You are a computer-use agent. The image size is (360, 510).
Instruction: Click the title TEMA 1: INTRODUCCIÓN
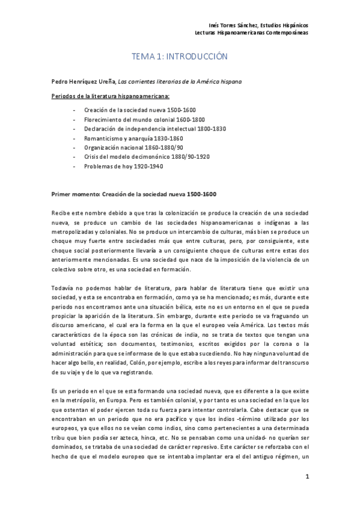[180, 57]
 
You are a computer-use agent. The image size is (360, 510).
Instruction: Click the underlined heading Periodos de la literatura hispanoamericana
[111, 96]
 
